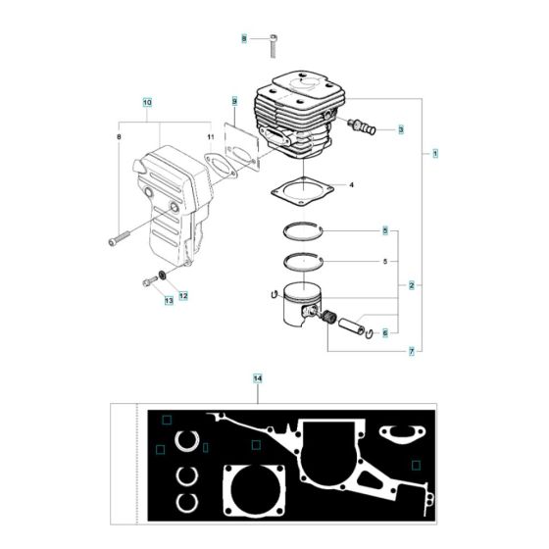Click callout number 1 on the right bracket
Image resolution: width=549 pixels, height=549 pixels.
[434, 153]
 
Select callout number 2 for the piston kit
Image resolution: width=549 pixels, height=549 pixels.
[411, 285]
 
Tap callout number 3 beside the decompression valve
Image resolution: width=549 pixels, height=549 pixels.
[399, 128]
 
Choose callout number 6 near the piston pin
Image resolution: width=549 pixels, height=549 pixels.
[385, 332]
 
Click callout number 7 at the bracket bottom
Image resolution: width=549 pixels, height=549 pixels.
[411, 351]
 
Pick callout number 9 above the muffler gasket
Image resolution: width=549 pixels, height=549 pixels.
[235, 101]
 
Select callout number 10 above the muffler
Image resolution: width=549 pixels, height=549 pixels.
[147, 102]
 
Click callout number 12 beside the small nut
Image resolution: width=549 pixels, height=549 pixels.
[183, 294]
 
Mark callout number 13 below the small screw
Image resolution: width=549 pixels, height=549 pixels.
[169, 302]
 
